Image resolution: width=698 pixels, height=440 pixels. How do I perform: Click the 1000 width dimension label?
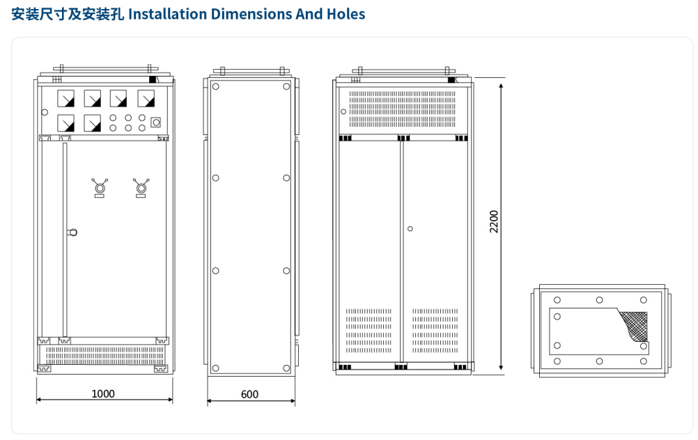pyautogui.click(x=103, y=393)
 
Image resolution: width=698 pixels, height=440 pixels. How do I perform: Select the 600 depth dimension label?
pyautogui.click(x=249, y=394)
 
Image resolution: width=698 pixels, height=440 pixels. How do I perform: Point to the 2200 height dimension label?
pyautogui.click(x=494, y=221)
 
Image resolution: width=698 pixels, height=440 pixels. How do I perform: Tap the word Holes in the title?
pyautogui.click(x=346, y=14)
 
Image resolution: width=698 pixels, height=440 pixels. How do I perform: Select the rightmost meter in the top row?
pyautogui.click(x=146, y=97)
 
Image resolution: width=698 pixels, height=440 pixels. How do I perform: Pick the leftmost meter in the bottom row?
pyautogui.click(x=67, y=123)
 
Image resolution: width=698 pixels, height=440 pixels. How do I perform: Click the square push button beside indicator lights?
pyautogui.click(x=156, y=123)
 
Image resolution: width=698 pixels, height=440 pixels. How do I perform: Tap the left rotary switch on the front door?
pyautogui.click(x=100, y=187)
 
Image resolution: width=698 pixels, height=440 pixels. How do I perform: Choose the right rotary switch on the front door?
pyautogui.click(x=142, y=187)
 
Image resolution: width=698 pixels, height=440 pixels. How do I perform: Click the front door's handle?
pyautogui.click(x=72, y=233)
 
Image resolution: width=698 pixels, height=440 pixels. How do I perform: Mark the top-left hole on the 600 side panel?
pyautogui.click(x=216, y=87)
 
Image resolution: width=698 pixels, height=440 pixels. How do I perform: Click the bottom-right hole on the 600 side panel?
pyautogui.click(x=286, y=367)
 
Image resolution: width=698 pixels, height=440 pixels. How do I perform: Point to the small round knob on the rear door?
pyautogui.click(x=410, y=228)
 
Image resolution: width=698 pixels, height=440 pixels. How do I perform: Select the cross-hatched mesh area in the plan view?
pyautogui.click(x=635, y=324)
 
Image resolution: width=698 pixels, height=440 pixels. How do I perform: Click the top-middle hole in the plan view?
pyautogui.click(x=599, y=300)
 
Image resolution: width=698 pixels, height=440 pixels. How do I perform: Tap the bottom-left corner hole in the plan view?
pyautogui.click(x=557, y=361)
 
